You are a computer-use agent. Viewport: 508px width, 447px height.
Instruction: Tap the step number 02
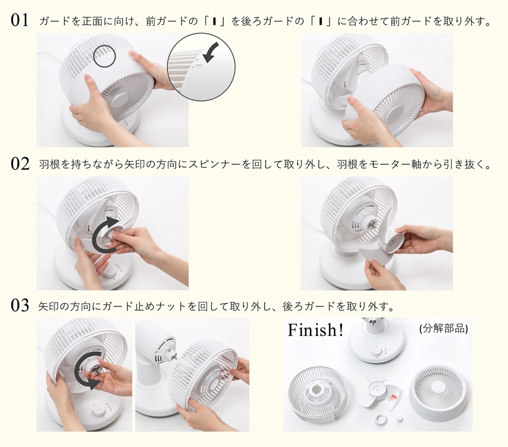pyautogui.click(x=20, y=164)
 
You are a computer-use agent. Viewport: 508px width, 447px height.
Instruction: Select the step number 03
pyautogui.click(x=20, y=306)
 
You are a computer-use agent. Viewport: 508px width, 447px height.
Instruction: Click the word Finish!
pyautogui.click(x=316, y=330)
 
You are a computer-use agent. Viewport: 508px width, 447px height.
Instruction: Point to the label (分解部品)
pyautogui.click(x=443, y=329)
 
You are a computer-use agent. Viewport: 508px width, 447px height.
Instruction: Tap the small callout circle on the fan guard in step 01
pyautogui.click(x=104, y=56)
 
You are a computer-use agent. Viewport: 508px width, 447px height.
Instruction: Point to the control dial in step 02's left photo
pyautogui.click(x=112, y=272)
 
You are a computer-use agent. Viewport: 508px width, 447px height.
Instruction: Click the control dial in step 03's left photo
pyautogui.click(x=99, y=412)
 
